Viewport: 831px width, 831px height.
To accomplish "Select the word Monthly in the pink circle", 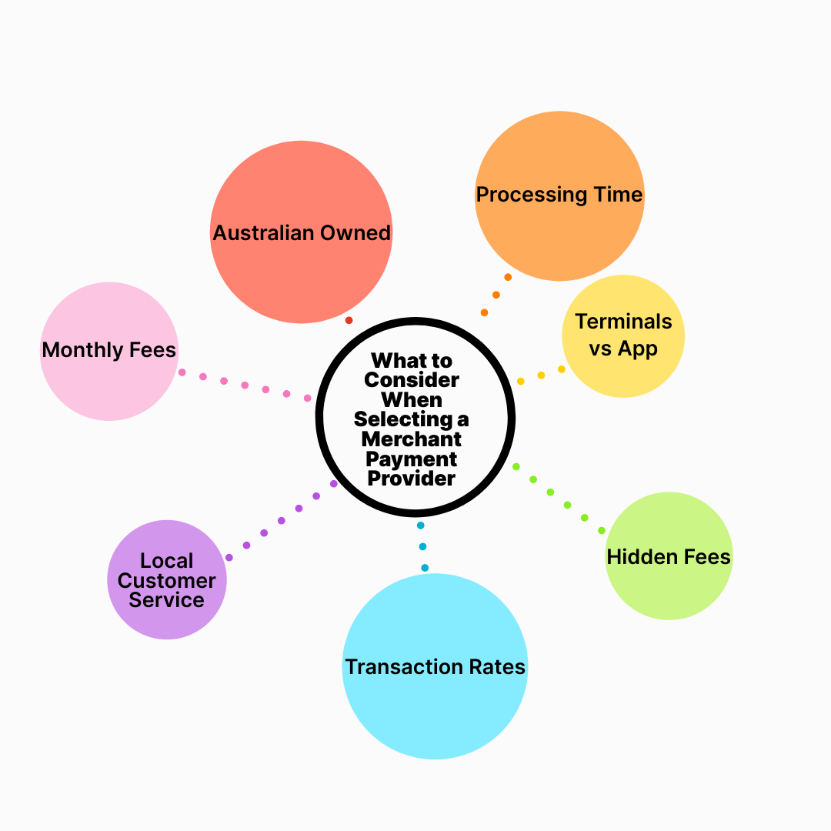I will [x=79, y=351].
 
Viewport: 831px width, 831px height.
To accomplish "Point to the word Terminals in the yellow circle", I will [x=623, y=322].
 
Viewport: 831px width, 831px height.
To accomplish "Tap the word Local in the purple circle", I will [x=167, y=561].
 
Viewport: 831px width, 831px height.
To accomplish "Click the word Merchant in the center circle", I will [x=412, y=439].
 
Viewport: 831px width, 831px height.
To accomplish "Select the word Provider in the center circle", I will [x=412, y=478].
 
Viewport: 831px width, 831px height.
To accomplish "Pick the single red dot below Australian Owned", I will [x=349, y=320].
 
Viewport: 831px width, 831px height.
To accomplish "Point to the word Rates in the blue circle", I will [x=498, y=666].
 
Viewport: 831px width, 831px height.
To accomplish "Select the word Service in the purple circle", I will [x=167, y=600].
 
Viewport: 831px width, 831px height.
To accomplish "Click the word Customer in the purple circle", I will [x=167, y=580].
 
